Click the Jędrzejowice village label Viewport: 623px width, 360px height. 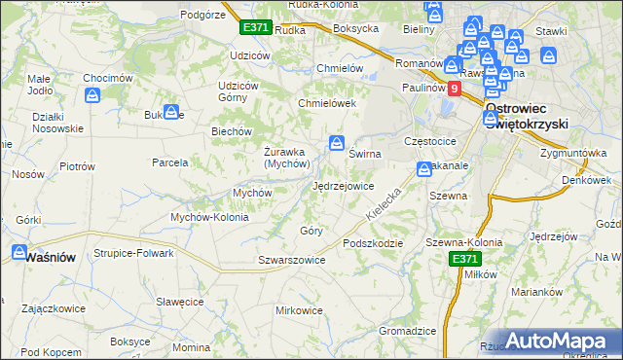coord(343,186)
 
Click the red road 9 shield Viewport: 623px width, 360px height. coord(454,88)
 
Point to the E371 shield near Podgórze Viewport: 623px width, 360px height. coord(256,28)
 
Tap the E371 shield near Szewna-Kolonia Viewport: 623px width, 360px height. coord(463,258)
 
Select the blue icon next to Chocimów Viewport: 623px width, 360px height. coord(93,95)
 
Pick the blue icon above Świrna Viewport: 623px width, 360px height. coord(337,143)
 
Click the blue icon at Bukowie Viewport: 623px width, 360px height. coord(171,113)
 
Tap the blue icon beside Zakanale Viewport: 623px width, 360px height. coord(424,169)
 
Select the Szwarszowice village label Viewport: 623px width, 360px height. coord(291,260)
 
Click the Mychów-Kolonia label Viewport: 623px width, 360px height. coord(209,217)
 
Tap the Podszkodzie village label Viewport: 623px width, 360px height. coord(372,242)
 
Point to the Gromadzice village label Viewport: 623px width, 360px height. coord(407,331)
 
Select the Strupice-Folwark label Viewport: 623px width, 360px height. coord(133,253)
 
